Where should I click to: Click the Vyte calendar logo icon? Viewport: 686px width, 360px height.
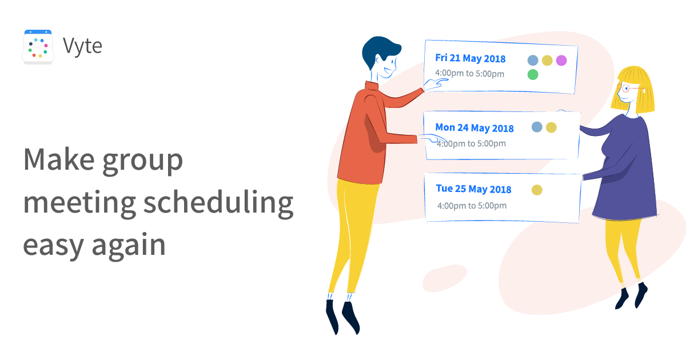pyautogui.click(x=38, y=47)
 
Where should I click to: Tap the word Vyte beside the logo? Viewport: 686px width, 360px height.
pyautogui.click(x=83, y=46)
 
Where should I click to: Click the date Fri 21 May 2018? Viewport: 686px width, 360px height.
pyautogui.click(x=470, y=58)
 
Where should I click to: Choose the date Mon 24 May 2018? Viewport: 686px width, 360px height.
pyautogui.click(x=474, y=128)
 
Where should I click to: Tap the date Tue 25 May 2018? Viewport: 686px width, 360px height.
pyautogui.click(x=473, y=189)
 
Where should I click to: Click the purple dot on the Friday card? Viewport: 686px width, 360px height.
pyautogui.click(x=561, y=61)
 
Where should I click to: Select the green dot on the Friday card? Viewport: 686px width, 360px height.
pyautogui.click(x=533, y=74)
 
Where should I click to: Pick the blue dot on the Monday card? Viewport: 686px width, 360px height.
pyautogui.click(x=537, y=127)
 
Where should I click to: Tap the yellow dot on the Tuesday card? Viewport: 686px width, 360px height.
pyautogui.click(x=537, y=190)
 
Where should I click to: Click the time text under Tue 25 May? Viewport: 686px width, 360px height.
pyautogui.click(x=472, y=206)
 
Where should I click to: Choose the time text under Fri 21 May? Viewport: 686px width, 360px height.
pyautogui.click(x=469, y=74)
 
